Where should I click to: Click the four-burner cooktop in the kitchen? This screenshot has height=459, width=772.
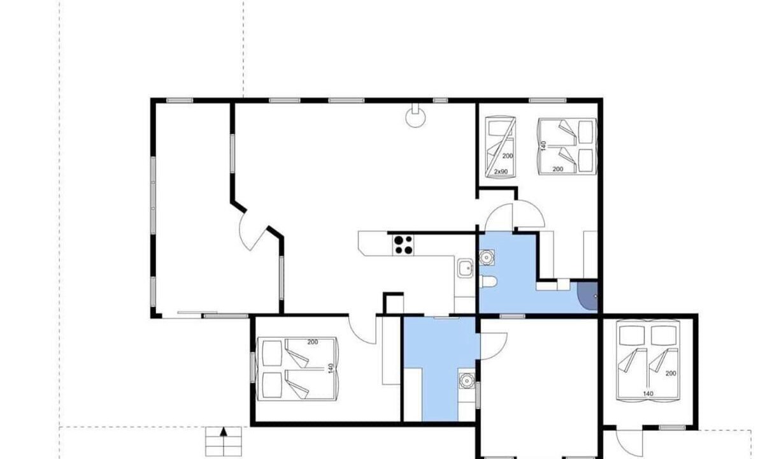(403, 245)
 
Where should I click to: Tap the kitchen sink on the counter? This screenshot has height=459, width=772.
(466, 268)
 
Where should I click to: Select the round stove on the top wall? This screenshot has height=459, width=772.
(415, 115)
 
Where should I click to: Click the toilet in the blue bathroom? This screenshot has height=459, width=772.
(488, 282)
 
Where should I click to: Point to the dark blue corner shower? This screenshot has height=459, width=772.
(588, 296)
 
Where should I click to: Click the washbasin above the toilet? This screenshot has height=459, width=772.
(487, 258)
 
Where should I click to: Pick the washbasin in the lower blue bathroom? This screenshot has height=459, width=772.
(467, 381)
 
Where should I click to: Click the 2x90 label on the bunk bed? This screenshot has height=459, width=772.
(501, 171)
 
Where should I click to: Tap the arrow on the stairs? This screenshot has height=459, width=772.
(224, 432)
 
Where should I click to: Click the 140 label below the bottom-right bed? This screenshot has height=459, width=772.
(648, 393)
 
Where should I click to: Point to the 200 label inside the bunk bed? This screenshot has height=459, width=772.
(507, 156)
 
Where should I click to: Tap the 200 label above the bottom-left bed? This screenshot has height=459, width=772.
(312, 342)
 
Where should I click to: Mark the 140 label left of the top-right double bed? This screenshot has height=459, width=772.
(544, 146)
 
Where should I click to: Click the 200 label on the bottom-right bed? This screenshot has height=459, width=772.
(671, 373)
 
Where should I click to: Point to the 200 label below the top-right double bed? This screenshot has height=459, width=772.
(557, 169)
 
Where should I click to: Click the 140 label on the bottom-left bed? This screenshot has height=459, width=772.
(331, 368)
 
